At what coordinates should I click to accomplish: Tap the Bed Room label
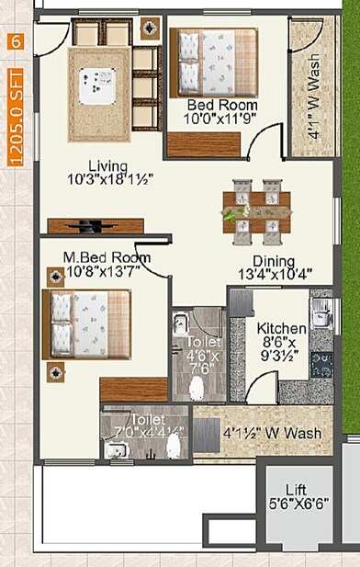[221, 105]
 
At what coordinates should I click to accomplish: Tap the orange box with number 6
[14, 41]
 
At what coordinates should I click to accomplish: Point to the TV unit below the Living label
[96, 225]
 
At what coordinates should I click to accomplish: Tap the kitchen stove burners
[323, 365]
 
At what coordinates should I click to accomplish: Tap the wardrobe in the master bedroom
[134, 389]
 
